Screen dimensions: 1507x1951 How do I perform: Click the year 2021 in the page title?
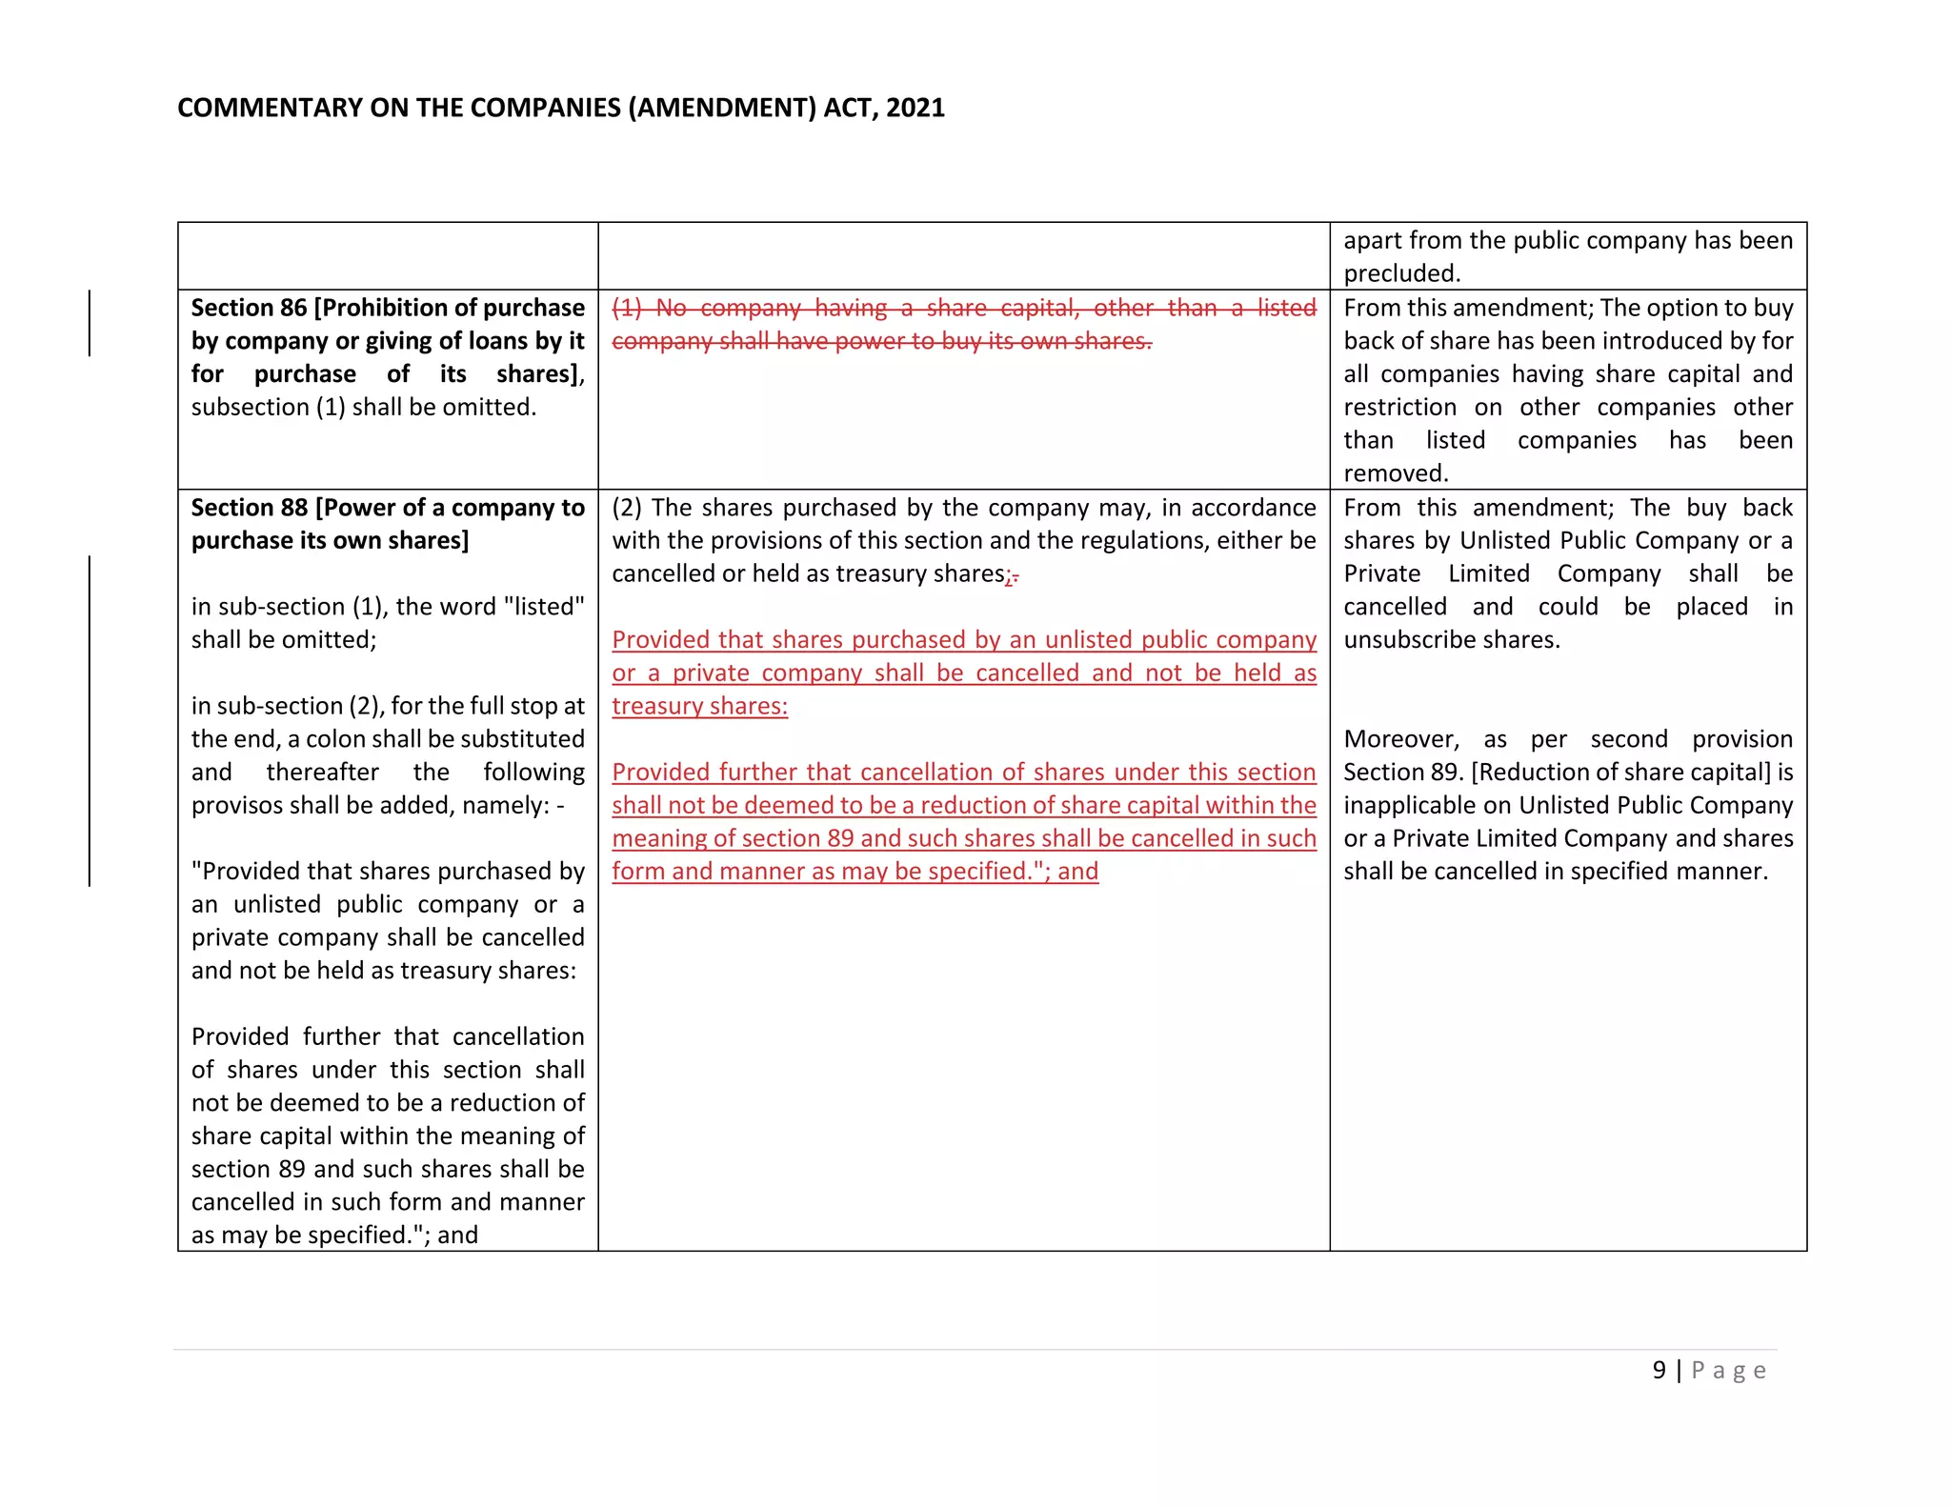coord(915,108)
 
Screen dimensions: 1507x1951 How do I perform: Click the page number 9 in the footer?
coord(1659,1370)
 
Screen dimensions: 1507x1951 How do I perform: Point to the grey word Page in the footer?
coord(1729,1371)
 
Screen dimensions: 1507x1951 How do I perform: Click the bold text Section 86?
coord(249,308)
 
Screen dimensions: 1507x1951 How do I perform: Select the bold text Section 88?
coord(249,508)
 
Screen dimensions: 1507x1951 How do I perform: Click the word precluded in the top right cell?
coord(1401,273)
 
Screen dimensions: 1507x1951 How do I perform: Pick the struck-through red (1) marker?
coord(626,308)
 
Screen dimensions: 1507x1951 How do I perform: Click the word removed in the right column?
coord(1395,473)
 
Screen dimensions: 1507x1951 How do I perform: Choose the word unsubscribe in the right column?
coord(1406,639)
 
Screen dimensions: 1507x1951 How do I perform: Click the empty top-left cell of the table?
coord(388,256)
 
